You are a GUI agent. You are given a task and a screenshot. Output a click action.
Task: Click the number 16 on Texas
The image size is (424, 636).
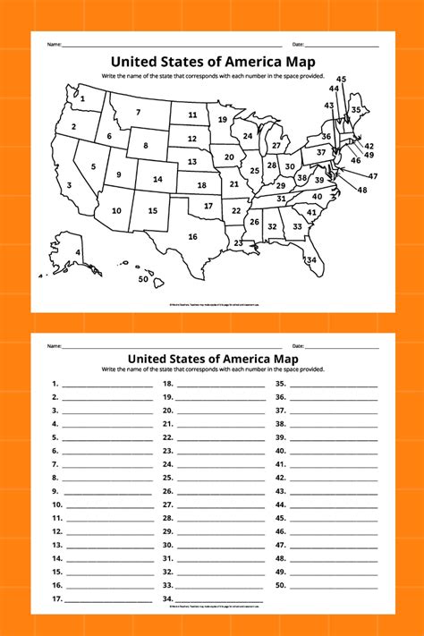point(192,236)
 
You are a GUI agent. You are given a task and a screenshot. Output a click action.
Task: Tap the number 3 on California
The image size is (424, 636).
point(69,186)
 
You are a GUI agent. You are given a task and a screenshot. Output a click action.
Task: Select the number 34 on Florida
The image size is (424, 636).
point(311,260)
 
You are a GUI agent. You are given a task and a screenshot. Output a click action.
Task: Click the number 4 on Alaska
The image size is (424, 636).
point(78,252)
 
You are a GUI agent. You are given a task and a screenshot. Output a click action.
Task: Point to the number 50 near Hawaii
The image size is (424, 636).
point(143,279)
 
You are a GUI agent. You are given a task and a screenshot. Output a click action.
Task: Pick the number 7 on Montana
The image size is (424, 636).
point(139,112)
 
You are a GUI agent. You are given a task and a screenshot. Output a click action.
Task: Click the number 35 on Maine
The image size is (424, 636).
point(355,110)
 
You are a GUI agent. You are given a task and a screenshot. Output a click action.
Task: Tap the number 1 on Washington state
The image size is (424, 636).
point(83,99)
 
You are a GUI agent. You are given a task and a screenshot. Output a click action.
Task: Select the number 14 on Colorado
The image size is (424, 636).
point(157,179)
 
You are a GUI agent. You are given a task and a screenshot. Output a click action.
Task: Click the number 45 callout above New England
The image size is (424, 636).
point(342,79)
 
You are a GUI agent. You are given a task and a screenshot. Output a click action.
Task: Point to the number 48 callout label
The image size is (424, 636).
point(361,190)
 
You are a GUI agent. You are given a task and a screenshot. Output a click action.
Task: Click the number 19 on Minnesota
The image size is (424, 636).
point(222,119)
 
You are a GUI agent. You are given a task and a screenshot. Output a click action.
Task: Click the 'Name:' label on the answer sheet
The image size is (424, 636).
point(55,345)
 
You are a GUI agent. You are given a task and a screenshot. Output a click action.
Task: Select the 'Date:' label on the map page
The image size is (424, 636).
point(298,44)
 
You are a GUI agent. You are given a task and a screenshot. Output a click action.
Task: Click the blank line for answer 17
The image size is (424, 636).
point(107,600)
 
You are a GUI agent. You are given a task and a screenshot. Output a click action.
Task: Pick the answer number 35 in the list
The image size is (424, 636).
point(280,383)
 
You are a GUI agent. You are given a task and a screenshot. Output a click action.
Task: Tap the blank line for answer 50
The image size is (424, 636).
point(334,586)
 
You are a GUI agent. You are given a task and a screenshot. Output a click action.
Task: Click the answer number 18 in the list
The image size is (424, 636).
point(167,383)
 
